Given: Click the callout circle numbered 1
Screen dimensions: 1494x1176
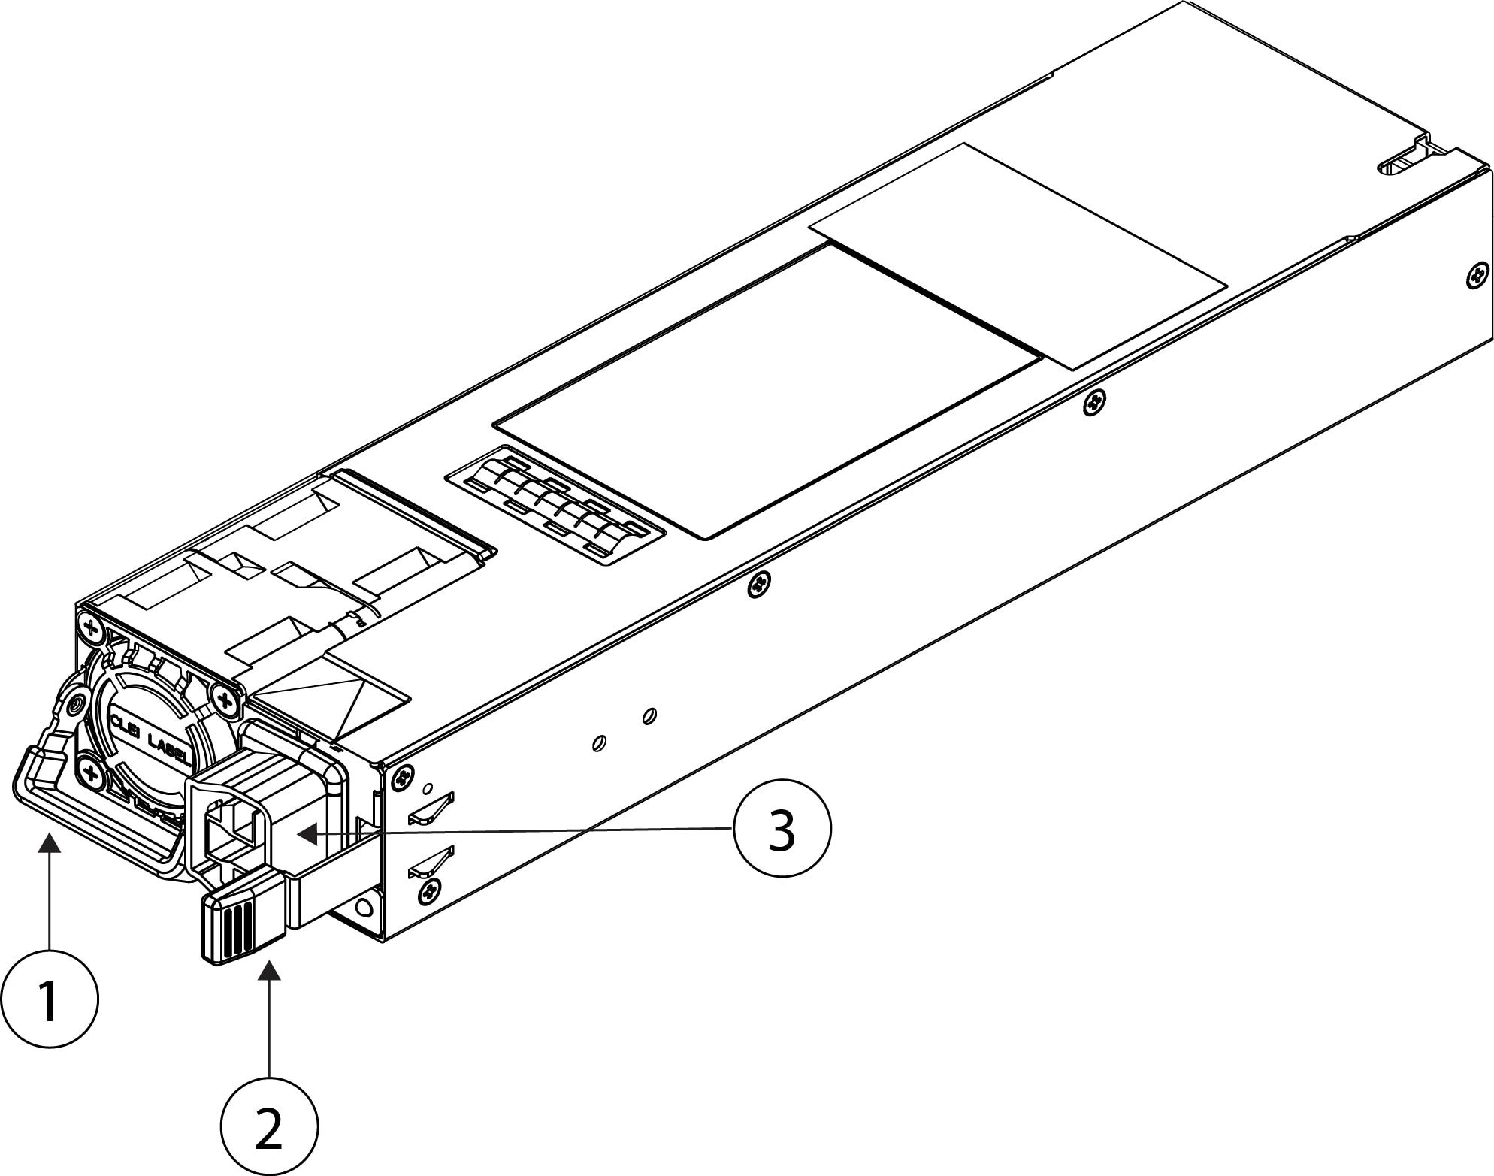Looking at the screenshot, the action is point(50,999).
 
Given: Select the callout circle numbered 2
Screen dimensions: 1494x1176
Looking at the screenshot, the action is point(269,1127).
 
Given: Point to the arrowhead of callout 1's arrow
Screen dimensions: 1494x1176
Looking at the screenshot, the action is point(50,845).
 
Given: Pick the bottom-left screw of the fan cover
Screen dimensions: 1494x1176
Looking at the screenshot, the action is point(89,772).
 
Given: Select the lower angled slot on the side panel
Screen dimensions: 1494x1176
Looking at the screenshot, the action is point(431,861).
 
